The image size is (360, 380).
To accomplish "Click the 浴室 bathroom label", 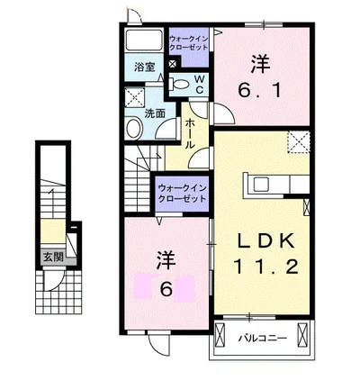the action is (x=144, y=67).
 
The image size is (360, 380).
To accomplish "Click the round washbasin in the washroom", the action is (x=133, y=128).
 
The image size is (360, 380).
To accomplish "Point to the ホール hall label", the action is (x=190, y=133).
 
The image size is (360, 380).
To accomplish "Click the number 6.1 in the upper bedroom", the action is (x=260, y=89).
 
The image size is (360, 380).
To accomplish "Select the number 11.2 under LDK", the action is (x=265, y=267).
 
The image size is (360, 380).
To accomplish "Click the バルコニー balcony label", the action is (x=263, y=339).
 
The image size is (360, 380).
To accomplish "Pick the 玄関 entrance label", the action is (x=54, y=258).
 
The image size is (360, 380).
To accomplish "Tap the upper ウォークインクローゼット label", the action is (x=188, y=43).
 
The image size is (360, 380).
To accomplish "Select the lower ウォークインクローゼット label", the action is (x=182, y=194).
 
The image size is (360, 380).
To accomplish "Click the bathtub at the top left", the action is (x=144, y=40).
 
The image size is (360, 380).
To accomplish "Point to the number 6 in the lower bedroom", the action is (x=166, y=289).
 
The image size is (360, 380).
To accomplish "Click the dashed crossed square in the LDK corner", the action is (x=299, y=142).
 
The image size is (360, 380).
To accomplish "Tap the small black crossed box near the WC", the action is (x=173, y=64).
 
